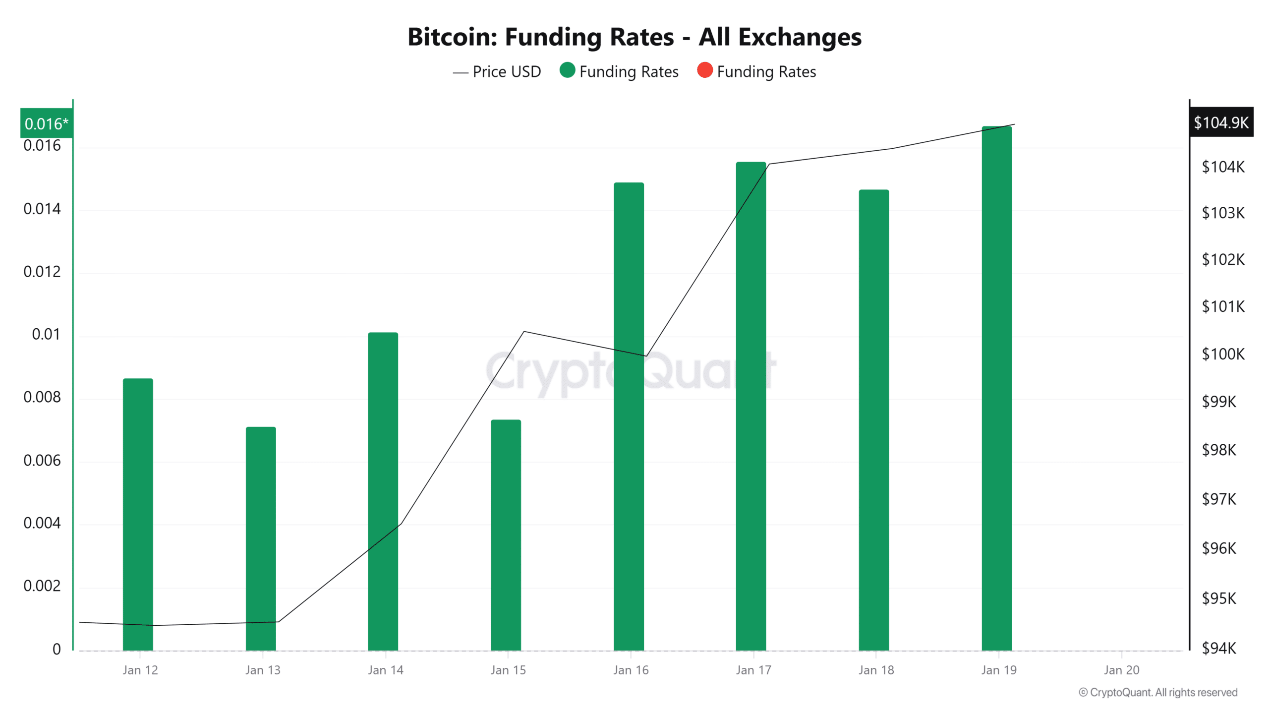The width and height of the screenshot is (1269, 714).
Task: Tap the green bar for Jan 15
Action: (x=506, y=535)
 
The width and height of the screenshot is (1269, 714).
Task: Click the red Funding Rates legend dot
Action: (x=704, y=70)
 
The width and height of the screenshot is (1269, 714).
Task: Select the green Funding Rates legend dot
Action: (x=567, y=70)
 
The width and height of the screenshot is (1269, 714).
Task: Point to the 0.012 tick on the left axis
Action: (x=42, y=272)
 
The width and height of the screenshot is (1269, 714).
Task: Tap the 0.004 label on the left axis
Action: (x=42, y=523)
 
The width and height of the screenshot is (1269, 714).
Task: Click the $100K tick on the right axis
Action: (x=1223, y=354)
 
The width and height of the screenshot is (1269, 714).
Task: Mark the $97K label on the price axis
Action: (x=1219, y=499)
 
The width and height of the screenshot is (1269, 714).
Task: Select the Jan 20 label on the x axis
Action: (x=1121, y=670)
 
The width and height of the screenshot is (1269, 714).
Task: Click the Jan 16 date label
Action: (x=631, y=670)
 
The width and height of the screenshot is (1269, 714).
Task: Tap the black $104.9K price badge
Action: (x=1221, y=122)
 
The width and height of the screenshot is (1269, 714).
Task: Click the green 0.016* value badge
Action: (x=46, y=123)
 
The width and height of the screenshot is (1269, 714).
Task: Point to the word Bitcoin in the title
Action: (x=452, y=37)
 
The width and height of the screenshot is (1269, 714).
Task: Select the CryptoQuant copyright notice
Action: (x=1158, y=693)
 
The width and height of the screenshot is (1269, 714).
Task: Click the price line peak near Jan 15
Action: (x=524, y=331)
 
